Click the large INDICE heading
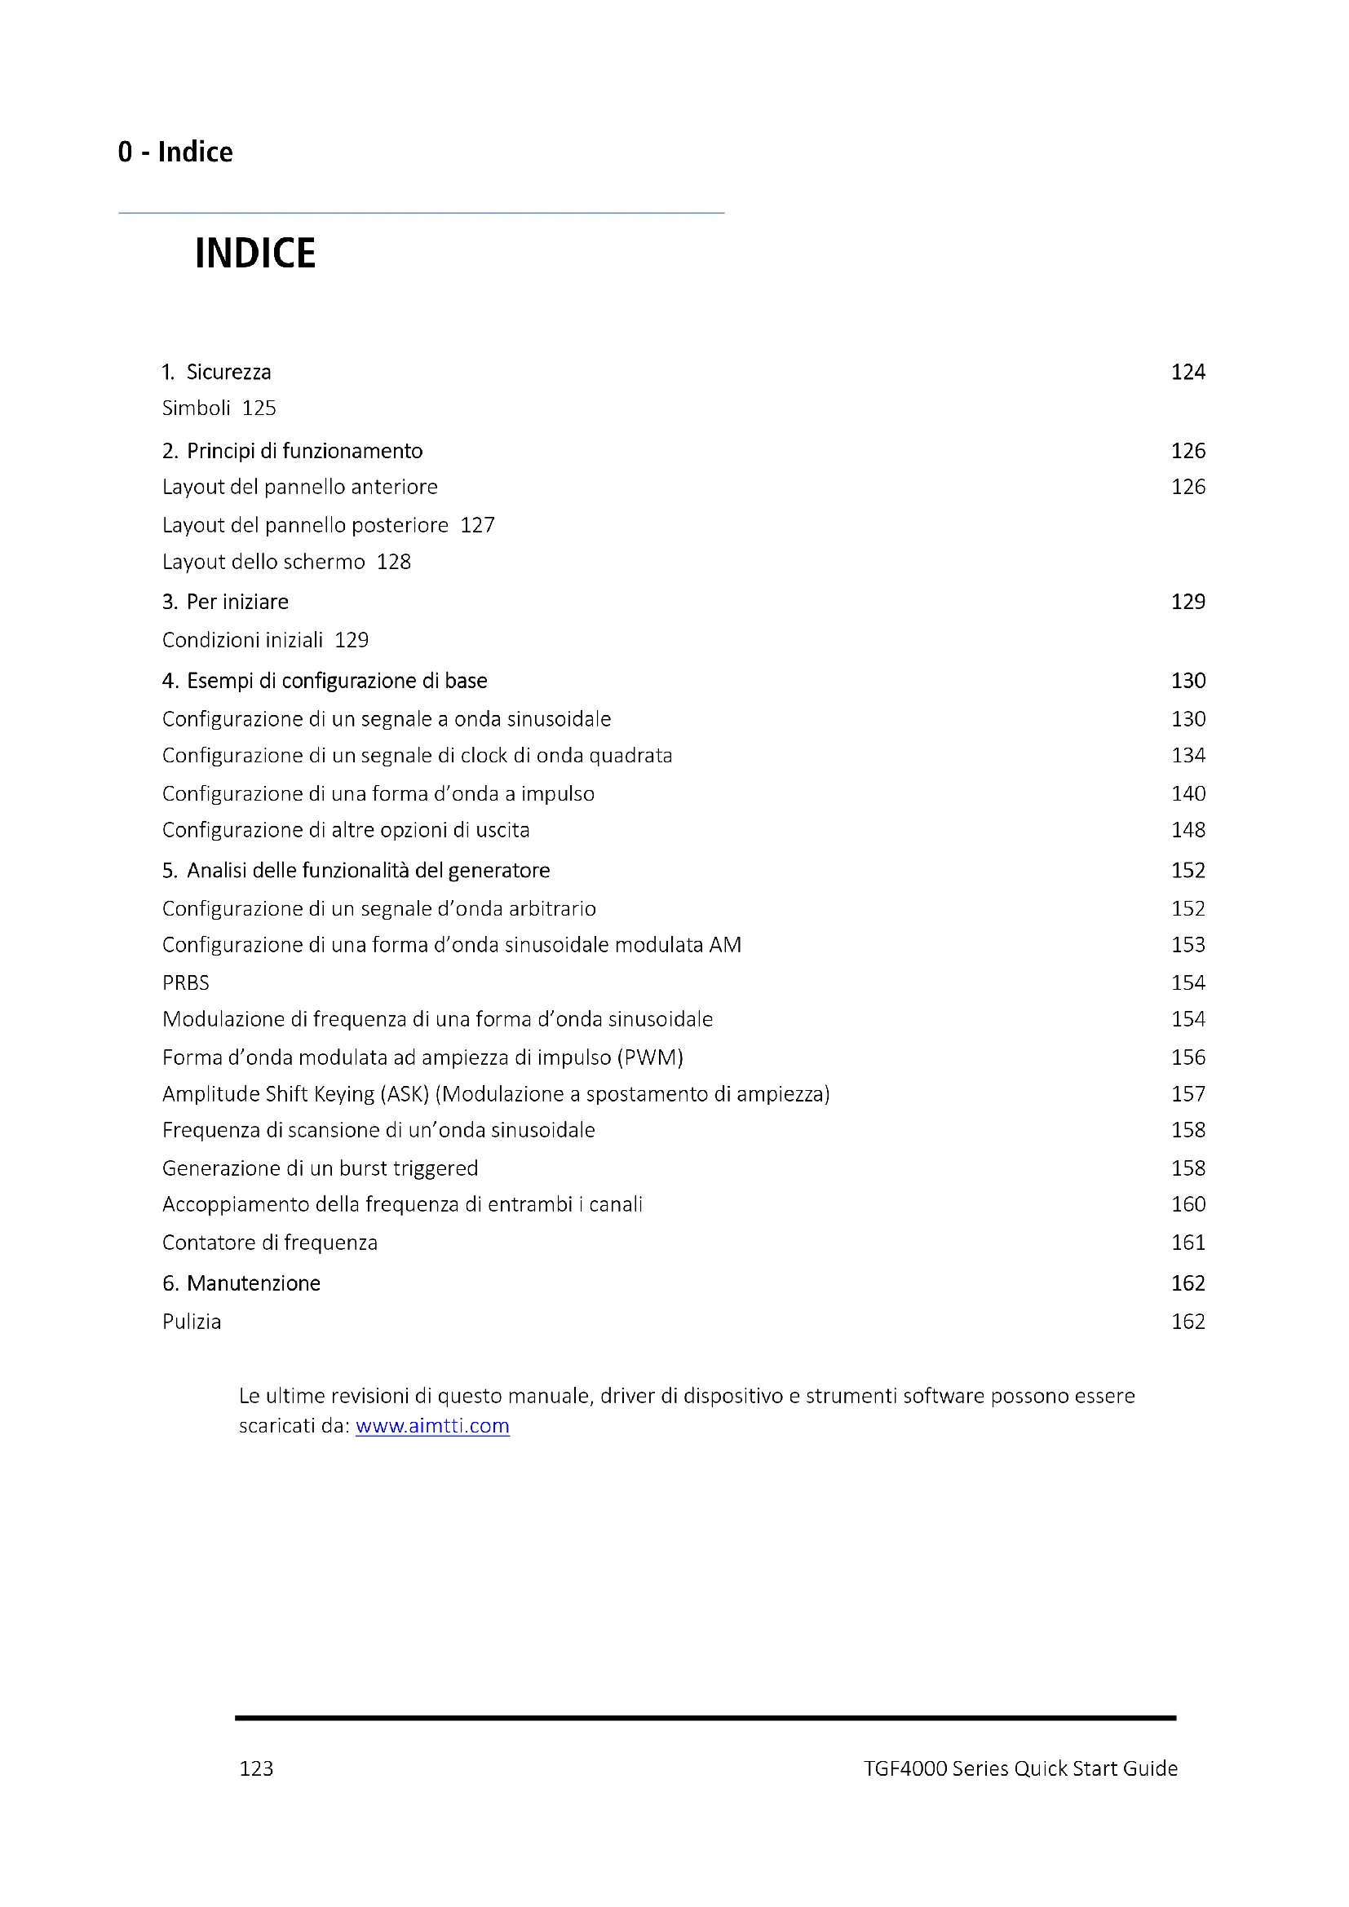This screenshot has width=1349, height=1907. pos(255,254)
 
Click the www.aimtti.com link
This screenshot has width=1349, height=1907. pos(432,1425)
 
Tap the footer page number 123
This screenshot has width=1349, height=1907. pos(256,1768)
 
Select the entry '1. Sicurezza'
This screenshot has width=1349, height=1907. pos(216,372)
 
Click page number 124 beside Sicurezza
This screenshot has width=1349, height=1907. pos(1188,372)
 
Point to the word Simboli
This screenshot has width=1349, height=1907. pos(196,408)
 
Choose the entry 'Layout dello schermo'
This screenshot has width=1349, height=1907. pos(263,563)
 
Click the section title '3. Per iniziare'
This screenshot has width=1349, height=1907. pos(225,603)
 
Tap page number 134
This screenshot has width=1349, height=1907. pos(1188,756)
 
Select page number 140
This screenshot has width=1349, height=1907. pos(1188,794)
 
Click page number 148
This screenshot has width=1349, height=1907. pos(1188,830)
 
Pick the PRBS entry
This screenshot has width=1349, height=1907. pos(186,983)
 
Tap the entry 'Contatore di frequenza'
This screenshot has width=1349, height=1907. pos(270,1243)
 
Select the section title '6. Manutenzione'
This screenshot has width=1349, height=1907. pos(241,1283)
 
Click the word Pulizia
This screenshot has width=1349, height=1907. pos(192,1322)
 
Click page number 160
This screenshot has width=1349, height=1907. pos(1188,1204)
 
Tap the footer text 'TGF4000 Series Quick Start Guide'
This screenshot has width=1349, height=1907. pos(1020,1768)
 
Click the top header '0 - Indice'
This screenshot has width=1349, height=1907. pos(175,152)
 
